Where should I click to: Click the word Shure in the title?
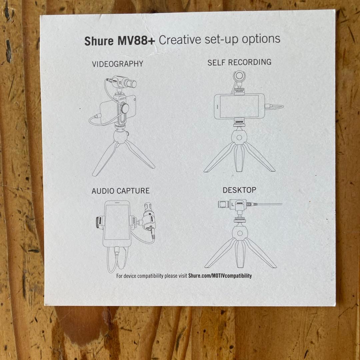[99, 41]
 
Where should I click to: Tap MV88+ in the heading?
[136, 40]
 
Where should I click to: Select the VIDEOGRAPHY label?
[118, 64]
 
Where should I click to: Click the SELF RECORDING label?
[239, 62]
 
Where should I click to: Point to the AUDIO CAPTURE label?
[121, 191]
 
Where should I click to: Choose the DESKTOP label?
[239, 190]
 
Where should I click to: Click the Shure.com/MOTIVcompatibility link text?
[220, 276]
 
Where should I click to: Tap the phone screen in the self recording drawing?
[239, 107]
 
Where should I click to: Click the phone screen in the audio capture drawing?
[117, 222]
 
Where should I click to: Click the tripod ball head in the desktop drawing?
[240, 233]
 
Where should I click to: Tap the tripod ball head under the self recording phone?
[239, 138]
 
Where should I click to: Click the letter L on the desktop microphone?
[233, 204]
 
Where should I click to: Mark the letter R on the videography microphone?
[121, 82]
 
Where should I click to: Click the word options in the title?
[261, 39]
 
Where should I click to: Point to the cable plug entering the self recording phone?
[269, 106]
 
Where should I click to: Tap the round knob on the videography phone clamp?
[125, 108]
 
